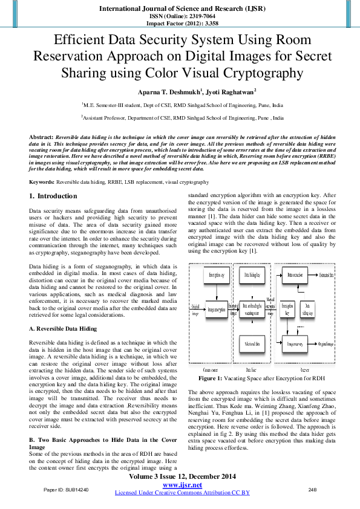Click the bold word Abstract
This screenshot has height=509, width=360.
[41, 138]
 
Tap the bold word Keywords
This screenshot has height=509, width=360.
[42, 182]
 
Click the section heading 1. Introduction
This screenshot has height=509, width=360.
[53, 196]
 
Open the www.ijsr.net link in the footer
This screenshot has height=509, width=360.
[182, 485]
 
